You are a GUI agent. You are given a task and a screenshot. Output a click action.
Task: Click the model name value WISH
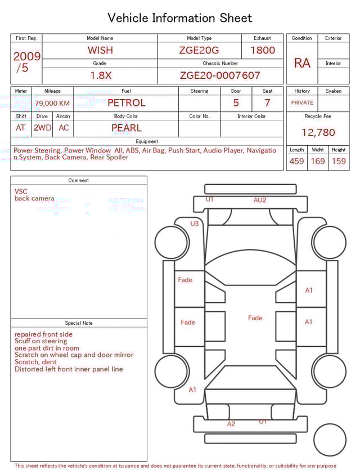tap(100, 50)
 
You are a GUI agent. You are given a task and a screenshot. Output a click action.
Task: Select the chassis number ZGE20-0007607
tap(220, 75)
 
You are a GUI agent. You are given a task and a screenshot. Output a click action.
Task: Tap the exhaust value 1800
tap(263, 50)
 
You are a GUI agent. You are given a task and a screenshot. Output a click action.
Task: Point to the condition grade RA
tap(302, 63)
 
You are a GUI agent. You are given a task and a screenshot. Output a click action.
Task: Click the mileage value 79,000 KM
tap(52, 103)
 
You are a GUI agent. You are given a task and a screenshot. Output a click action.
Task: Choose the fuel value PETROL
tap(126, 103)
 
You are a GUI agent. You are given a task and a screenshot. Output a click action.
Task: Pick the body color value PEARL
tap(126, 128)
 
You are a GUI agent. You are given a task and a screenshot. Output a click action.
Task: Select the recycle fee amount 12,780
tap(318, 133)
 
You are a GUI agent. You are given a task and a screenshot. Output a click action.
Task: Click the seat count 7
tap(267, 103)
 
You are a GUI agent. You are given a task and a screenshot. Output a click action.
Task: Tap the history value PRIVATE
tap(302, 103)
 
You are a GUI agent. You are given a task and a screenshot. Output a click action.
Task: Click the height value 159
tap(339, 162)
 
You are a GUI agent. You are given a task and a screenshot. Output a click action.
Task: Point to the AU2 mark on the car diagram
tap(260, 200)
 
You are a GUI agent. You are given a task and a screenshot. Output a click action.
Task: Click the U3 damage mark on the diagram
tap(194, 223)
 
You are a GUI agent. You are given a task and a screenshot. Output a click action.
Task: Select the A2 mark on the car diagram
tap(231, 424)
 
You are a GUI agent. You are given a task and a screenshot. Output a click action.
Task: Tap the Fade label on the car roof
tap(255, 318)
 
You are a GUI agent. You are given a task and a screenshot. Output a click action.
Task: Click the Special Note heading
tap(79, 323)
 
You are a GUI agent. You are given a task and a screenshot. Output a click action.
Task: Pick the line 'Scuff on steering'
tap(40, 341)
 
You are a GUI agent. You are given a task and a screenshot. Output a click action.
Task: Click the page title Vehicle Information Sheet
tap(180, 18)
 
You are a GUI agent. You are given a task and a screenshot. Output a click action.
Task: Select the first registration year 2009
tap(26, 56)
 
